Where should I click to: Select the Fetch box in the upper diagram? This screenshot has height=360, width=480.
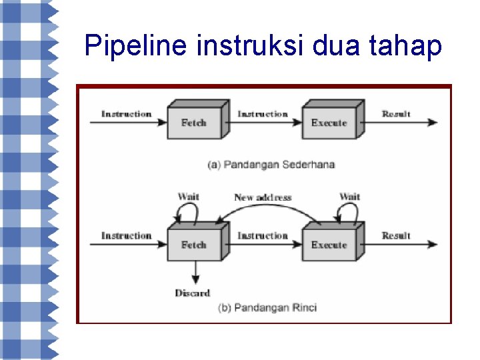pyautogui.click(x=194, y=123)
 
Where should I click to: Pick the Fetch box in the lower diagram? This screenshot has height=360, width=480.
pyautogui.click(x=194, y=245)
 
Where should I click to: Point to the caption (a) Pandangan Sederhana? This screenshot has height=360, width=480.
pyautogui.click(x=271, y=165)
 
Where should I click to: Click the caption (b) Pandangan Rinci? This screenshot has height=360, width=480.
pyautogui.click(x=267, y=307)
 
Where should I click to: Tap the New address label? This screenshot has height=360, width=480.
pyautogui.click(x=263, y=197)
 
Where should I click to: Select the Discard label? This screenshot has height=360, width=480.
pyautogui.click(x=192, y=293)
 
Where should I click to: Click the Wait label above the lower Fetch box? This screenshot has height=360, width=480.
pyautogui.click(x=189, y=196)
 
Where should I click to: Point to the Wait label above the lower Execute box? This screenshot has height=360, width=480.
pyautogui.click(x=349, y=196)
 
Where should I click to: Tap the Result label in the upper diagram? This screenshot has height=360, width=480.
pyautogui.click(x=396, y=114)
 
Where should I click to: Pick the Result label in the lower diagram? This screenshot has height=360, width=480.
pyautogui.click(x=396, y=235)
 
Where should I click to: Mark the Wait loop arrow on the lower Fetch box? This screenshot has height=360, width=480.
pyautogui.click(x=186, y=212)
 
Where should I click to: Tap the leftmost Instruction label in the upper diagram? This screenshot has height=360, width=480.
pyautogui.click(x=126, y=114)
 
